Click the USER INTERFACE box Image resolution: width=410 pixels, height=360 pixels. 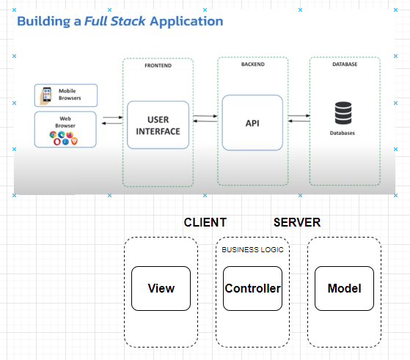(158, 125)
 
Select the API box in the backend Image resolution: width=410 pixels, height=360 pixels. (252, 122)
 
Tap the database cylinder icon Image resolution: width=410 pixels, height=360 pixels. (343, 114)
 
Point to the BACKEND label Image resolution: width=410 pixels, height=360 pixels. (252, 65)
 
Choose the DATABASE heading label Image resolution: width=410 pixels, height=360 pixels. (345, 65)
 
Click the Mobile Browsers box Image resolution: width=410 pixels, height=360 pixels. (65, 95)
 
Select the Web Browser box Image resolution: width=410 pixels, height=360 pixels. (65, 128)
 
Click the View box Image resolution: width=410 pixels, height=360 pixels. (161, 288)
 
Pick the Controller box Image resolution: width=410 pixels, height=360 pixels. (252, 288)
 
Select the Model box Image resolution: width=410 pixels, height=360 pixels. (344, 288)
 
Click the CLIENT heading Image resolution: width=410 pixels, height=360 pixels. (205, 222)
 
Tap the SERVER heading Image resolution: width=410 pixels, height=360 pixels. (296, 222)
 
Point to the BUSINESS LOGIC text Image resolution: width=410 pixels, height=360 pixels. (252, 249)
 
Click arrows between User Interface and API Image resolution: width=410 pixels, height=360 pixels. (205, 119)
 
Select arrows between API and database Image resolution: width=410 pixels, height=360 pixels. (298, 119)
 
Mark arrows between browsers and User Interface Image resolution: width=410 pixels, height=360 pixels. (112, 120)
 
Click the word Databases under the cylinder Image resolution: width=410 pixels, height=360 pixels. (343, 133)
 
